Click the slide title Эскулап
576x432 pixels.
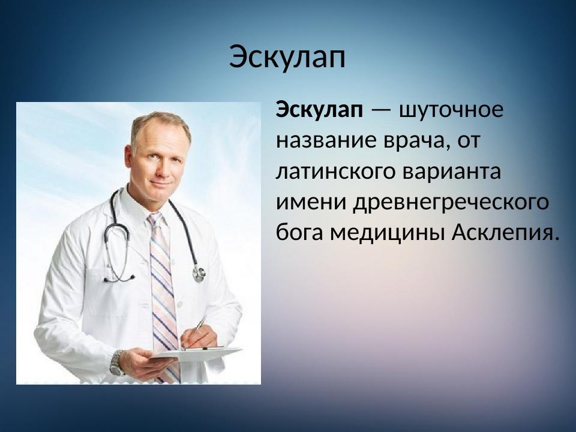pos(287,58)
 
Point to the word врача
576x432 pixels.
pos(415,141)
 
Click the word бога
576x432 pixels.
pos(300,232)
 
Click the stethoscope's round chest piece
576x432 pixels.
pos(199,274)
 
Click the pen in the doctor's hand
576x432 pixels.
pos(199,326)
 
